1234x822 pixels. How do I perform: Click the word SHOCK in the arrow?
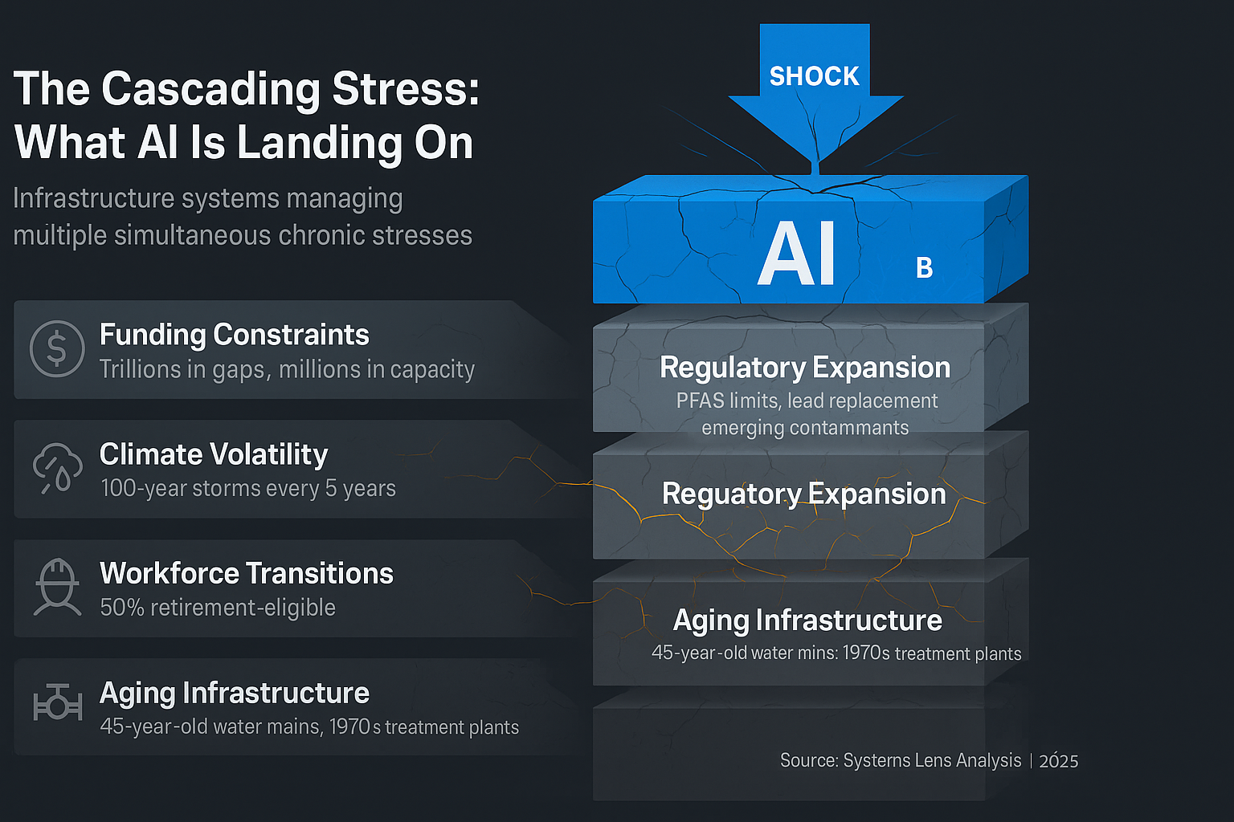click(x=814, y=76)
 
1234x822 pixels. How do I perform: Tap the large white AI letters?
click(x=797, y=254)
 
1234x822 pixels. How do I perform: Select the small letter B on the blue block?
click(x=924, y=268)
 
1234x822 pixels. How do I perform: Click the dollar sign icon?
click(x=57, y=348)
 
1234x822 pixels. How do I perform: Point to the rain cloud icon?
click(x=57, y=468)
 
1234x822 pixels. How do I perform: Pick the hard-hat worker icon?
click(x=57, y=587)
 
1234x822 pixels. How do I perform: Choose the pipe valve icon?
click(x=57, y=704)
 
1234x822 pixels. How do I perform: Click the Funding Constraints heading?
click(x=234, y=335)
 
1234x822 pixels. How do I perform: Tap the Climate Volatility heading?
click(x=214, y=454)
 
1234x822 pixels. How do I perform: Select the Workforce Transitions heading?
click(x=246, y=573)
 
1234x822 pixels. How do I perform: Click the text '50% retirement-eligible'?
click(x=218, y=608)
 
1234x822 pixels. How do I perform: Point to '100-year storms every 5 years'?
click(x=248, y=488)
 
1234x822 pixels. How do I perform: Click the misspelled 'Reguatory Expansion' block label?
click(x=803, y=494)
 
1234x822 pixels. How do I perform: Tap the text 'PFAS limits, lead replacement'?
click(x=807, y=401)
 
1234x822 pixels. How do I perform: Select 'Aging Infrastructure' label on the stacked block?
click(x=807, y=621)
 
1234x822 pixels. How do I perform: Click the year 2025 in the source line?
click(x=1058, y=761)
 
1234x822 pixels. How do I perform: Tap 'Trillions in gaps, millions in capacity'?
click(x=287, y=369)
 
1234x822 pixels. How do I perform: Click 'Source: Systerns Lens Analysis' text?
click(x=901, y=760)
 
